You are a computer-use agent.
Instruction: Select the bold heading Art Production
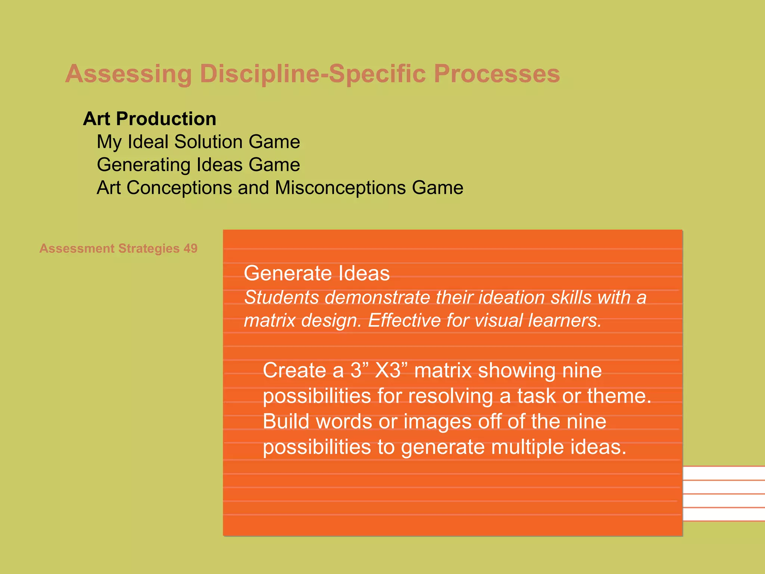149,119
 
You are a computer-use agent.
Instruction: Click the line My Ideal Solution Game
198,142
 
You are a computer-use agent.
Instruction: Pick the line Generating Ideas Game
198,165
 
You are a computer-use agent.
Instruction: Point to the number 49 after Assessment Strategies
190,249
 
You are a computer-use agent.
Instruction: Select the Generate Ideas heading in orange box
316,273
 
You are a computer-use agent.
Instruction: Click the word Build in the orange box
286,422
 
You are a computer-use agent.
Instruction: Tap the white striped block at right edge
724,493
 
